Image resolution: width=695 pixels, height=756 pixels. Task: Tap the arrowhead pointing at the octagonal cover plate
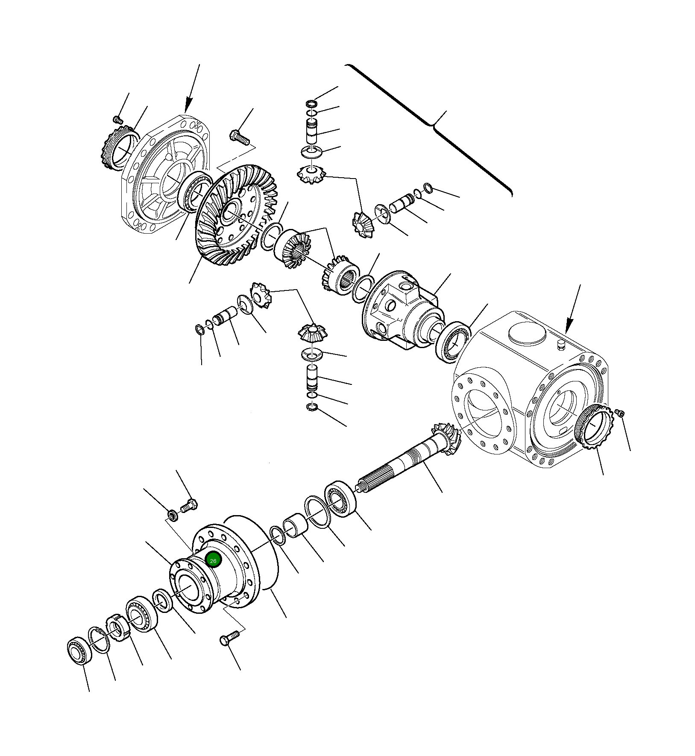(x=187, y=107)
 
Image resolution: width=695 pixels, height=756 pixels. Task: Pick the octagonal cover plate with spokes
(x=167, y=175)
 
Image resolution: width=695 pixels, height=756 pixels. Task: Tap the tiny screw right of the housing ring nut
(x=621, y=413)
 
